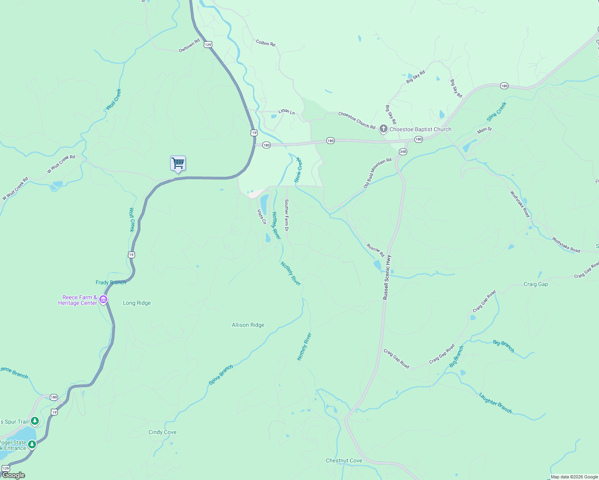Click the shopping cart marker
pos(178,163)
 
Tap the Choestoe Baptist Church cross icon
pos(384,129)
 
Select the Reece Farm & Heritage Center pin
pos(103,300)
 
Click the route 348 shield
pos(403,152)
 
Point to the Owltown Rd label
pos(189,46)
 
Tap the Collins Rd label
pos(265,43)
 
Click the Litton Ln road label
pos(286,112)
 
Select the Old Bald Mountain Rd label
pos(377,173)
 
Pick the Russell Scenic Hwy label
pos(386,277)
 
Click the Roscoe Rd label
pos(376,250)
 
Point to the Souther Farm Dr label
pos(286,215)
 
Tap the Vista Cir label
pos(261,217)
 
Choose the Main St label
pos(484,130)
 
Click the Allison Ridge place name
pos(248,325)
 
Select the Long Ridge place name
pos(137,303)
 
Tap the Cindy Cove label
pos(162,432)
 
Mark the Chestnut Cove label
pos(344,460)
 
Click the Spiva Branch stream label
pos(221,375)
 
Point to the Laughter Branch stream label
pos(495,403)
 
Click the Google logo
pos(13,475)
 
